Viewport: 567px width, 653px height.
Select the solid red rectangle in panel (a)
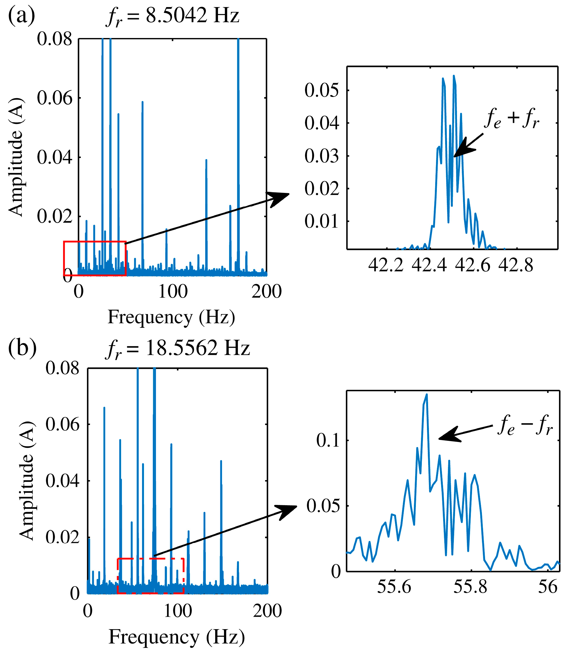click(95, 259)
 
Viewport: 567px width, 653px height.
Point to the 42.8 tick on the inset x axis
click(516, 265)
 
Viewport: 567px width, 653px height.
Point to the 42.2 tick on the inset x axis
click(386, 265)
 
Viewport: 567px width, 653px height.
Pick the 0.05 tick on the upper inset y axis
click(321, 90)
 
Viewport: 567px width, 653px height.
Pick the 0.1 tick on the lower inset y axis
click(328, 440)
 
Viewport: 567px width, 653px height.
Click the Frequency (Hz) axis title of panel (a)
click(171, 317)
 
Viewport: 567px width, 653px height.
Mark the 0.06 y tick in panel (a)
click(54, 98)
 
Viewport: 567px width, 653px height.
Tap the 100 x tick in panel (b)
click(178, 611)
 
